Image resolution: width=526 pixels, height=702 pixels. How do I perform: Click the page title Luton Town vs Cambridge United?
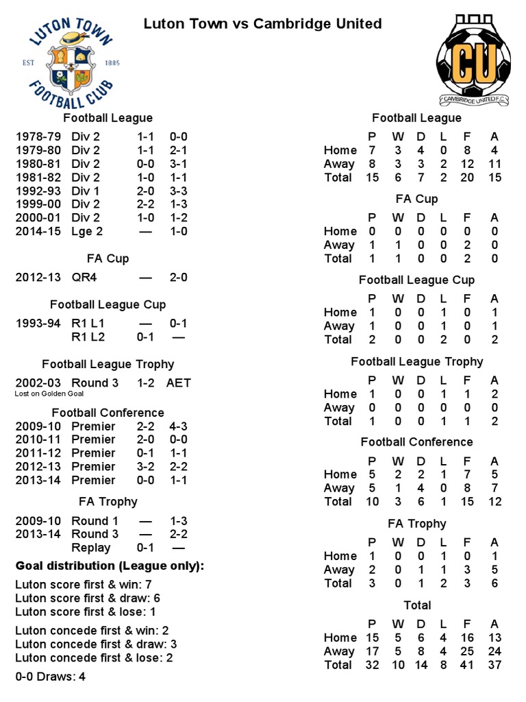[262, 24]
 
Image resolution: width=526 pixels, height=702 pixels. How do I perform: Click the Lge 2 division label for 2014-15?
[87, 231]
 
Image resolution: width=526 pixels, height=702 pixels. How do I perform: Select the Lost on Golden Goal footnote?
[49, 394]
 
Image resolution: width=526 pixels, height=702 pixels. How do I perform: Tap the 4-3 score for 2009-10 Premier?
[179, 426]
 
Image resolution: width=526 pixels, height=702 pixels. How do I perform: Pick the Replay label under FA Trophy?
[90, 548]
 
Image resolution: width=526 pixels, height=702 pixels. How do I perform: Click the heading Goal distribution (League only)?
[110, 566]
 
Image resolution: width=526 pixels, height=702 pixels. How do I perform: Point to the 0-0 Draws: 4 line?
[50, 677]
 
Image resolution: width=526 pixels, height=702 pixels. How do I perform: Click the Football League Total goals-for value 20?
[466, 178]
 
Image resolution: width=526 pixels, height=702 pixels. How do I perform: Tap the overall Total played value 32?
[373, 665]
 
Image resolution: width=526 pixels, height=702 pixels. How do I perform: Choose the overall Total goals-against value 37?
[494, 665]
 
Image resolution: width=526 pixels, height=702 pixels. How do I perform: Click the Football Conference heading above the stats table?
[416, 442]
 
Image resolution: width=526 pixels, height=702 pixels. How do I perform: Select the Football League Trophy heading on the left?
[108, 364]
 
